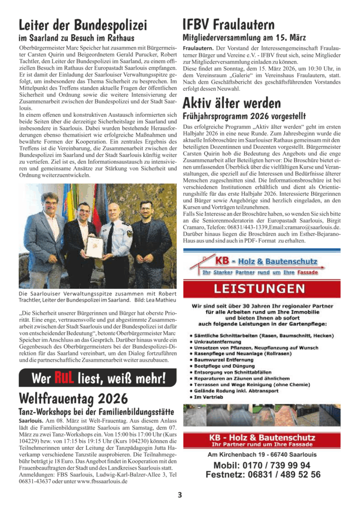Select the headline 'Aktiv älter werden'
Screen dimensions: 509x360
(x=232, y=103)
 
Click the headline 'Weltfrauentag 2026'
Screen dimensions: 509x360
(x=73, y=398)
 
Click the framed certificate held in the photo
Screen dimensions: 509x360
(x=94, y=246)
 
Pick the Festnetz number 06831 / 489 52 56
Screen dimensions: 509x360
(x=263, y=475)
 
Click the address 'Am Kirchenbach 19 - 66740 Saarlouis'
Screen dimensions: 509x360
(x=262, y=454)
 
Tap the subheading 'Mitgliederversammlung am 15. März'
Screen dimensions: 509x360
(x=244, y=37)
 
